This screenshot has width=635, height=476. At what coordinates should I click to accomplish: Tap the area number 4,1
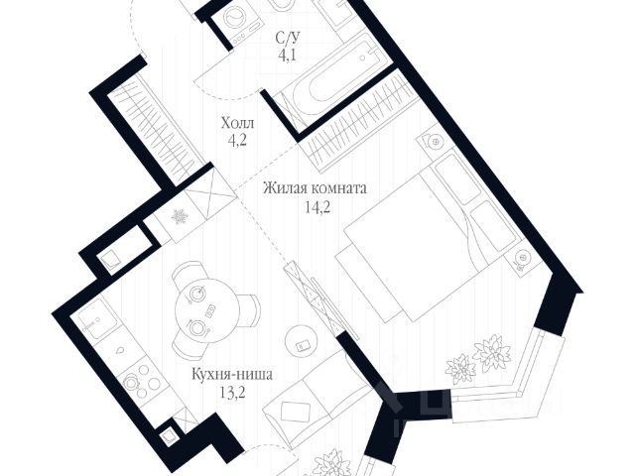click(289, 57)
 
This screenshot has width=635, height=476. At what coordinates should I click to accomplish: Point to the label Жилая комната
click(316, 187)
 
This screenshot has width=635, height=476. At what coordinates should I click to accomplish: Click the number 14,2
click(316, 205)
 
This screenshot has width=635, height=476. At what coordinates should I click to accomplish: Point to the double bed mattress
click(417, 243)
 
